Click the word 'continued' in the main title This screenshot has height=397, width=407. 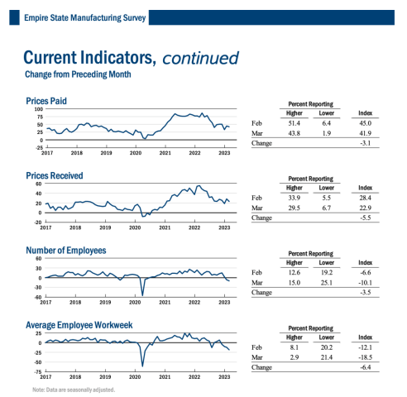[200, 58]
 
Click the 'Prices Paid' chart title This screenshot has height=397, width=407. [46, 101]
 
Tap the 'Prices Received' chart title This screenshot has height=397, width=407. [55, 175]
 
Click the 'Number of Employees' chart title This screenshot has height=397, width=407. [66, 250]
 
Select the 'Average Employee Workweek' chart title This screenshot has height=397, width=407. [79, 325]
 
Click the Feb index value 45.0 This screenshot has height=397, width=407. [365, 123]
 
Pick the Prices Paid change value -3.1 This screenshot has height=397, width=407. [365, 143]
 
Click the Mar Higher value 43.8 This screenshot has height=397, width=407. [294, 133]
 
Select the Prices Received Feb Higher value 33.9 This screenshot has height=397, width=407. [294, 198]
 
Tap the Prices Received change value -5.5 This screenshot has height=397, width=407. [365, 218]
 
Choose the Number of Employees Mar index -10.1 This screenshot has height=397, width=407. [364, 282]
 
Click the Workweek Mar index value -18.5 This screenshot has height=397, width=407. [364, 356]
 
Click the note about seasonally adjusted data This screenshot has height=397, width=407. [74, 389]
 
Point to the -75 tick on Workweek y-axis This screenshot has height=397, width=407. [37, 371]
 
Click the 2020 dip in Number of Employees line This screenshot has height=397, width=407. [142, 294]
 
